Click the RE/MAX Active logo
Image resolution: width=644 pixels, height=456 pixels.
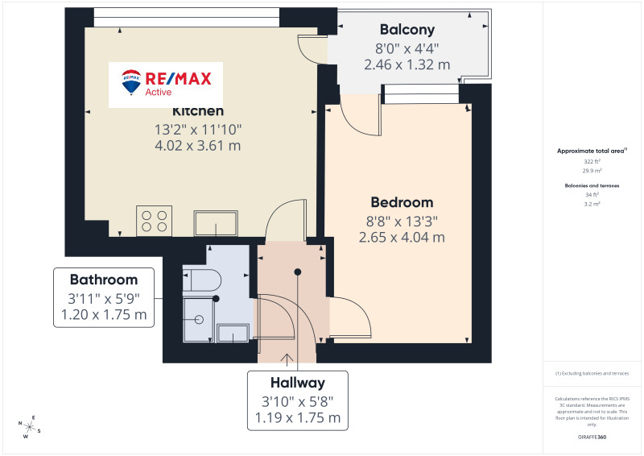tap(165, 83)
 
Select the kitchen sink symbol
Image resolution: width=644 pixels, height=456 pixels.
tap(216, 222)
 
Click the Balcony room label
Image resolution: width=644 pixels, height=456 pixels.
tap(407, 30)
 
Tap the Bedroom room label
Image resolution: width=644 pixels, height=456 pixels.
tap(402, 202)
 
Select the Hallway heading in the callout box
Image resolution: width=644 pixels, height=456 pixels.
tap(298, 383)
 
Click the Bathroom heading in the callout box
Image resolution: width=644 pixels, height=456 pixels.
tap(104, 280)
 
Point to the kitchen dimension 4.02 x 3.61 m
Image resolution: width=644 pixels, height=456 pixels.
tap(199, 146)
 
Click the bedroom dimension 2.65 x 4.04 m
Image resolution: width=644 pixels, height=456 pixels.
tap(402, 237)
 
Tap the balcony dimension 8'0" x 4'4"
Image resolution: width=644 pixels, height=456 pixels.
tap(407, 48)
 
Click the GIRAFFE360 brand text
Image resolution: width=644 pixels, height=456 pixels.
tap(592, 435)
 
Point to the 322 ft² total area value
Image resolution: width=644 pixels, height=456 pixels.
tap(592, 161)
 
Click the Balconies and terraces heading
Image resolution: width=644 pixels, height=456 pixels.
tap(592, 185)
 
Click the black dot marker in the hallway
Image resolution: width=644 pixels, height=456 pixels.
tap(297, 272)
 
